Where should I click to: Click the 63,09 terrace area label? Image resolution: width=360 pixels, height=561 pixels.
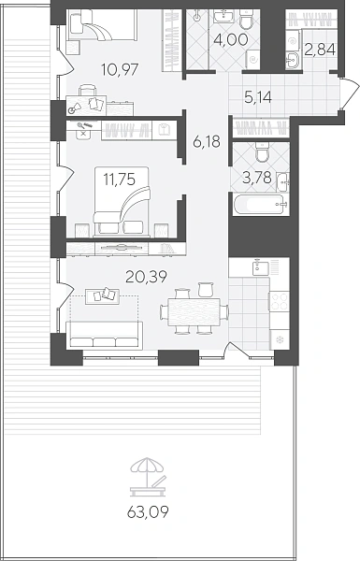click(148, 512)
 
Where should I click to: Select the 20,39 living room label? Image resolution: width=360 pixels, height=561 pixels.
click(146, 276)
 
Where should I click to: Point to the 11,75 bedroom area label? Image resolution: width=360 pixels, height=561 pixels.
click(119, 179)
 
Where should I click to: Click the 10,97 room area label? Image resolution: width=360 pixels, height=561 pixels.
click(120, 69)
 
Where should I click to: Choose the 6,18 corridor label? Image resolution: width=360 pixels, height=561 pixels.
click(207, 142)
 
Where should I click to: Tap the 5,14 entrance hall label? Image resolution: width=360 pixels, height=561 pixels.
click(258, 97)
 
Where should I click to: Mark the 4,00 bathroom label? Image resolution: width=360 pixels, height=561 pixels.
click(230, 39)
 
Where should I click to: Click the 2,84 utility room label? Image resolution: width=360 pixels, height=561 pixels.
click(320, 50)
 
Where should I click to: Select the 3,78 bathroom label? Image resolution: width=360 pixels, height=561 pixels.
click(256, 178)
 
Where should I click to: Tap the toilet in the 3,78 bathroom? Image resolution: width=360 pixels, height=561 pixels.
click(262, 151)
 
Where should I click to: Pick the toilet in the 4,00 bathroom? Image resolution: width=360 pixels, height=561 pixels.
click(247, 20)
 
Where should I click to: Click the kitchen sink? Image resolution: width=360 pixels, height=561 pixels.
click(261, 268)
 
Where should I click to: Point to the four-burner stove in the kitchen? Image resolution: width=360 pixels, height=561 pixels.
click(280, 300)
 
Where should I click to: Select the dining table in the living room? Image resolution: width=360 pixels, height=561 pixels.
click(194, 312)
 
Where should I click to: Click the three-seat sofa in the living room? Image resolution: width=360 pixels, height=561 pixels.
click(104, 336)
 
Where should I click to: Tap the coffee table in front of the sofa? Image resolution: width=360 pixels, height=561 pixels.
click(102, 295)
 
